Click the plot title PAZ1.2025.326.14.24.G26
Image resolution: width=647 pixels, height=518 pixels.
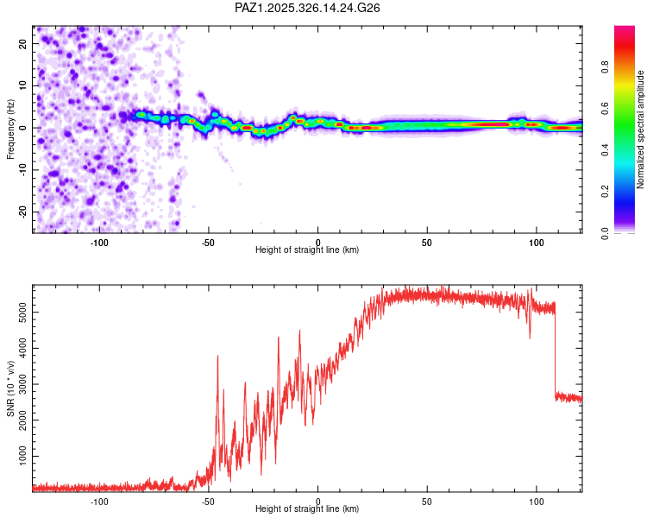[x=308, y=8]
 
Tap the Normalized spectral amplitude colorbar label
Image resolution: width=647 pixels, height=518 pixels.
[x=640, y=129]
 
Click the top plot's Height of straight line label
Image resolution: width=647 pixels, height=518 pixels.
[x=307, y=250]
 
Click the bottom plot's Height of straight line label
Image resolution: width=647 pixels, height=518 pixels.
[x=307, y=509]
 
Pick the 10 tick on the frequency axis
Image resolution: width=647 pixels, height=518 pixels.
[x=23, y=86]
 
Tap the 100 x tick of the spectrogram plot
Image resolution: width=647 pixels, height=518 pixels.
[x=537, y=242]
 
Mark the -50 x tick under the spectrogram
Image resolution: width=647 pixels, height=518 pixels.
[x=209, y=242]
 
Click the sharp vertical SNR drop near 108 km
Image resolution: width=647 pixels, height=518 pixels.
[x=555, y=350]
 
